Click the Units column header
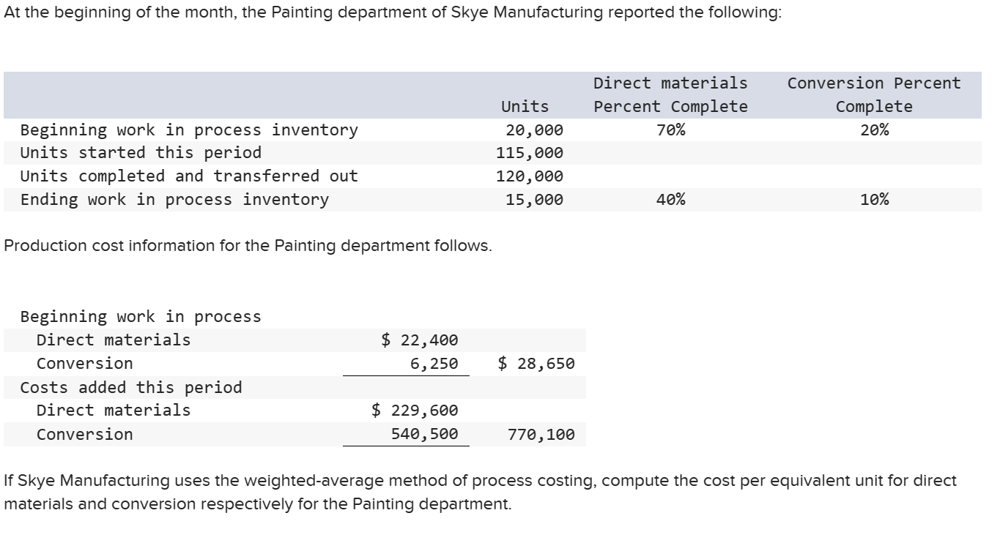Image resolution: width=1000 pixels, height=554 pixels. coord(525,107)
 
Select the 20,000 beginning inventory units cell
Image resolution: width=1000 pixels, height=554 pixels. coord(534,130)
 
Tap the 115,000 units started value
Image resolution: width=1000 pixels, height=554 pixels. coord(530,153)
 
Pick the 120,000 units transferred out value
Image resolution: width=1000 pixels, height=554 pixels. coord(530,176)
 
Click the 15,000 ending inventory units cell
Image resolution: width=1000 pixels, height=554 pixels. coord(534,200)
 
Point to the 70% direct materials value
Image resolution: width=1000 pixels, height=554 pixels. coord(670,130)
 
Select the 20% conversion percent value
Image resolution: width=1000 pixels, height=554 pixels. coord(874,130)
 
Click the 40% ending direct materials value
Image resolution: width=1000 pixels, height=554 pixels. coord(670,200)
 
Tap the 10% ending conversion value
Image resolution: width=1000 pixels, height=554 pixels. coord(874,200)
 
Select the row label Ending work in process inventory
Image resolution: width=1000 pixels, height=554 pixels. coord(174,200)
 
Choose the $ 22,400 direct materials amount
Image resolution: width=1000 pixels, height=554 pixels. coord(420,340)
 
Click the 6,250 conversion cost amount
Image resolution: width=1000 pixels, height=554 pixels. coord(434,364)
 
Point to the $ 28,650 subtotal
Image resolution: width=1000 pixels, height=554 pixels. coord(536,364)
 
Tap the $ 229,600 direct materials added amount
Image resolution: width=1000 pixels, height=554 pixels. coord(415,411)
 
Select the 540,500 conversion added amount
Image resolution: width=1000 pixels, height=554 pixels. coord(424,434)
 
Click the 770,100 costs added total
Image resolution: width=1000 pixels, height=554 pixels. coord(541,435)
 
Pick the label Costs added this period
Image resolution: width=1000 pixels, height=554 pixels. coord(131,387)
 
